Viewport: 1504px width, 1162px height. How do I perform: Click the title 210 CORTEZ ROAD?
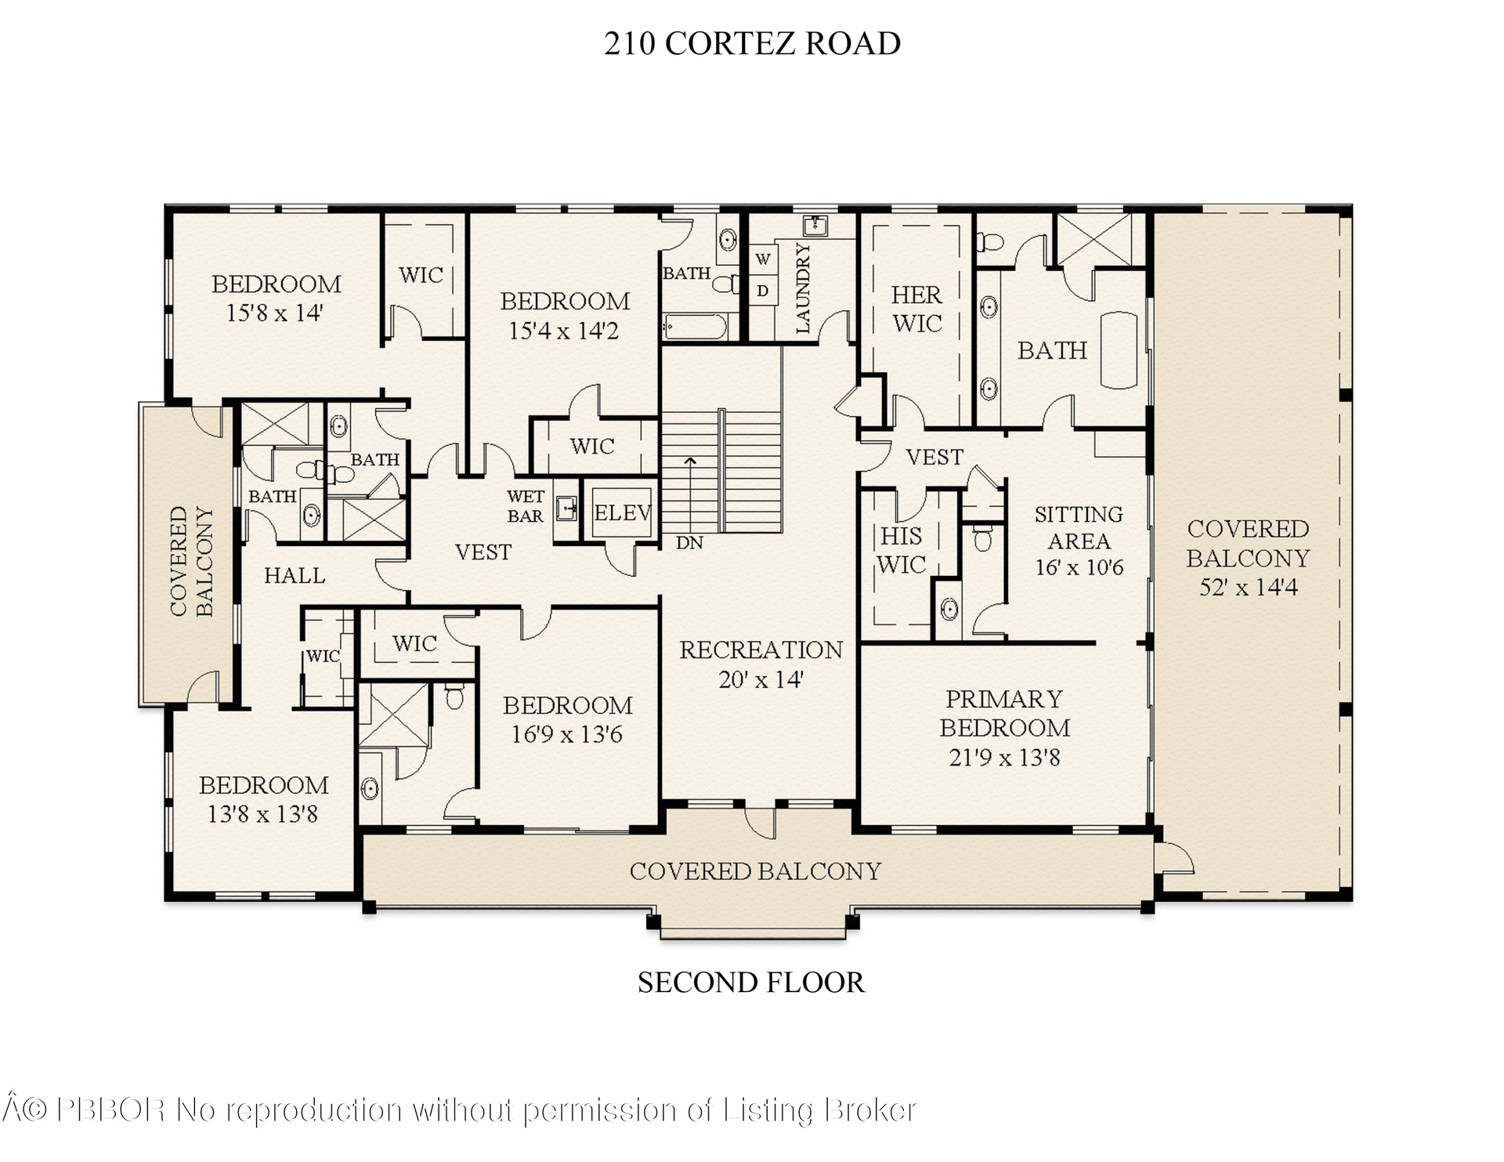(x=752, y=43)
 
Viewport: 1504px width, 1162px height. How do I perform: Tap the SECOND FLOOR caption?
(x=751, y=983)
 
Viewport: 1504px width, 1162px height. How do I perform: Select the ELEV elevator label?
(x=623, y=513)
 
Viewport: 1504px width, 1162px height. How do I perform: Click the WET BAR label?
(x=525, y=506)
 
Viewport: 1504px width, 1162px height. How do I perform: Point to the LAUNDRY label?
(x=803, y=288)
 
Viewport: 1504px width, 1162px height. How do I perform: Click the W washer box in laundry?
(x=763, y=259)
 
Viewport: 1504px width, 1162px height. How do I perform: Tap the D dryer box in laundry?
(x=763, y=291)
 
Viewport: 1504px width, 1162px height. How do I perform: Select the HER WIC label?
(x=916, y=309)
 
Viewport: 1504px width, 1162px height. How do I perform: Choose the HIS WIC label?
(x=901, y=550)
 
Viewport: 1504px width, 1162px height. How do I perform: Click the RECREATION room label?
(x=761, y=650)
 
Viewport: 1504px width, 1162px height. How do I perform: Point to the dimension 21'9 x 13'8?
(x=1004, y=758)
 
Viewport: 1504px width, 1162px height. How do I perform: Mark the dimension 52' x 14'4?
(x=1248, y=587)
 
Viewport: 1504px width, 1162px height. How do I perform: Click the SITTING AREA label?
(x=1079, y=527)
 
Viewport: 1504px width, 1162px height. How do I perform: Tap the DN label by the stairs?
(x=689, y=542)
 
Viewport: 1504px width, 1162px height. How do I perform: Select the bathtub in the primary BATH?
(x=1119, y=350)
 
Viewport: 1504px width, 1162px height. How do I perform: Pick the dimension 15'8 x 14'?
(x=274, y=313)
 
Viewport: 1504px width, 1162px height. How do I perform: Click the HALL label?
(x=295, y=576)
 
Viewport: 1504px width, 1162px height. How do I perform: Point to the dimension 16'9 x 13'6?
(x=567, y=734)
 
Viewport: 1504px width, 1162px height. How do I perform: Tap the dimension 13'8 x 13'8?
(x=262, y=814)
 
